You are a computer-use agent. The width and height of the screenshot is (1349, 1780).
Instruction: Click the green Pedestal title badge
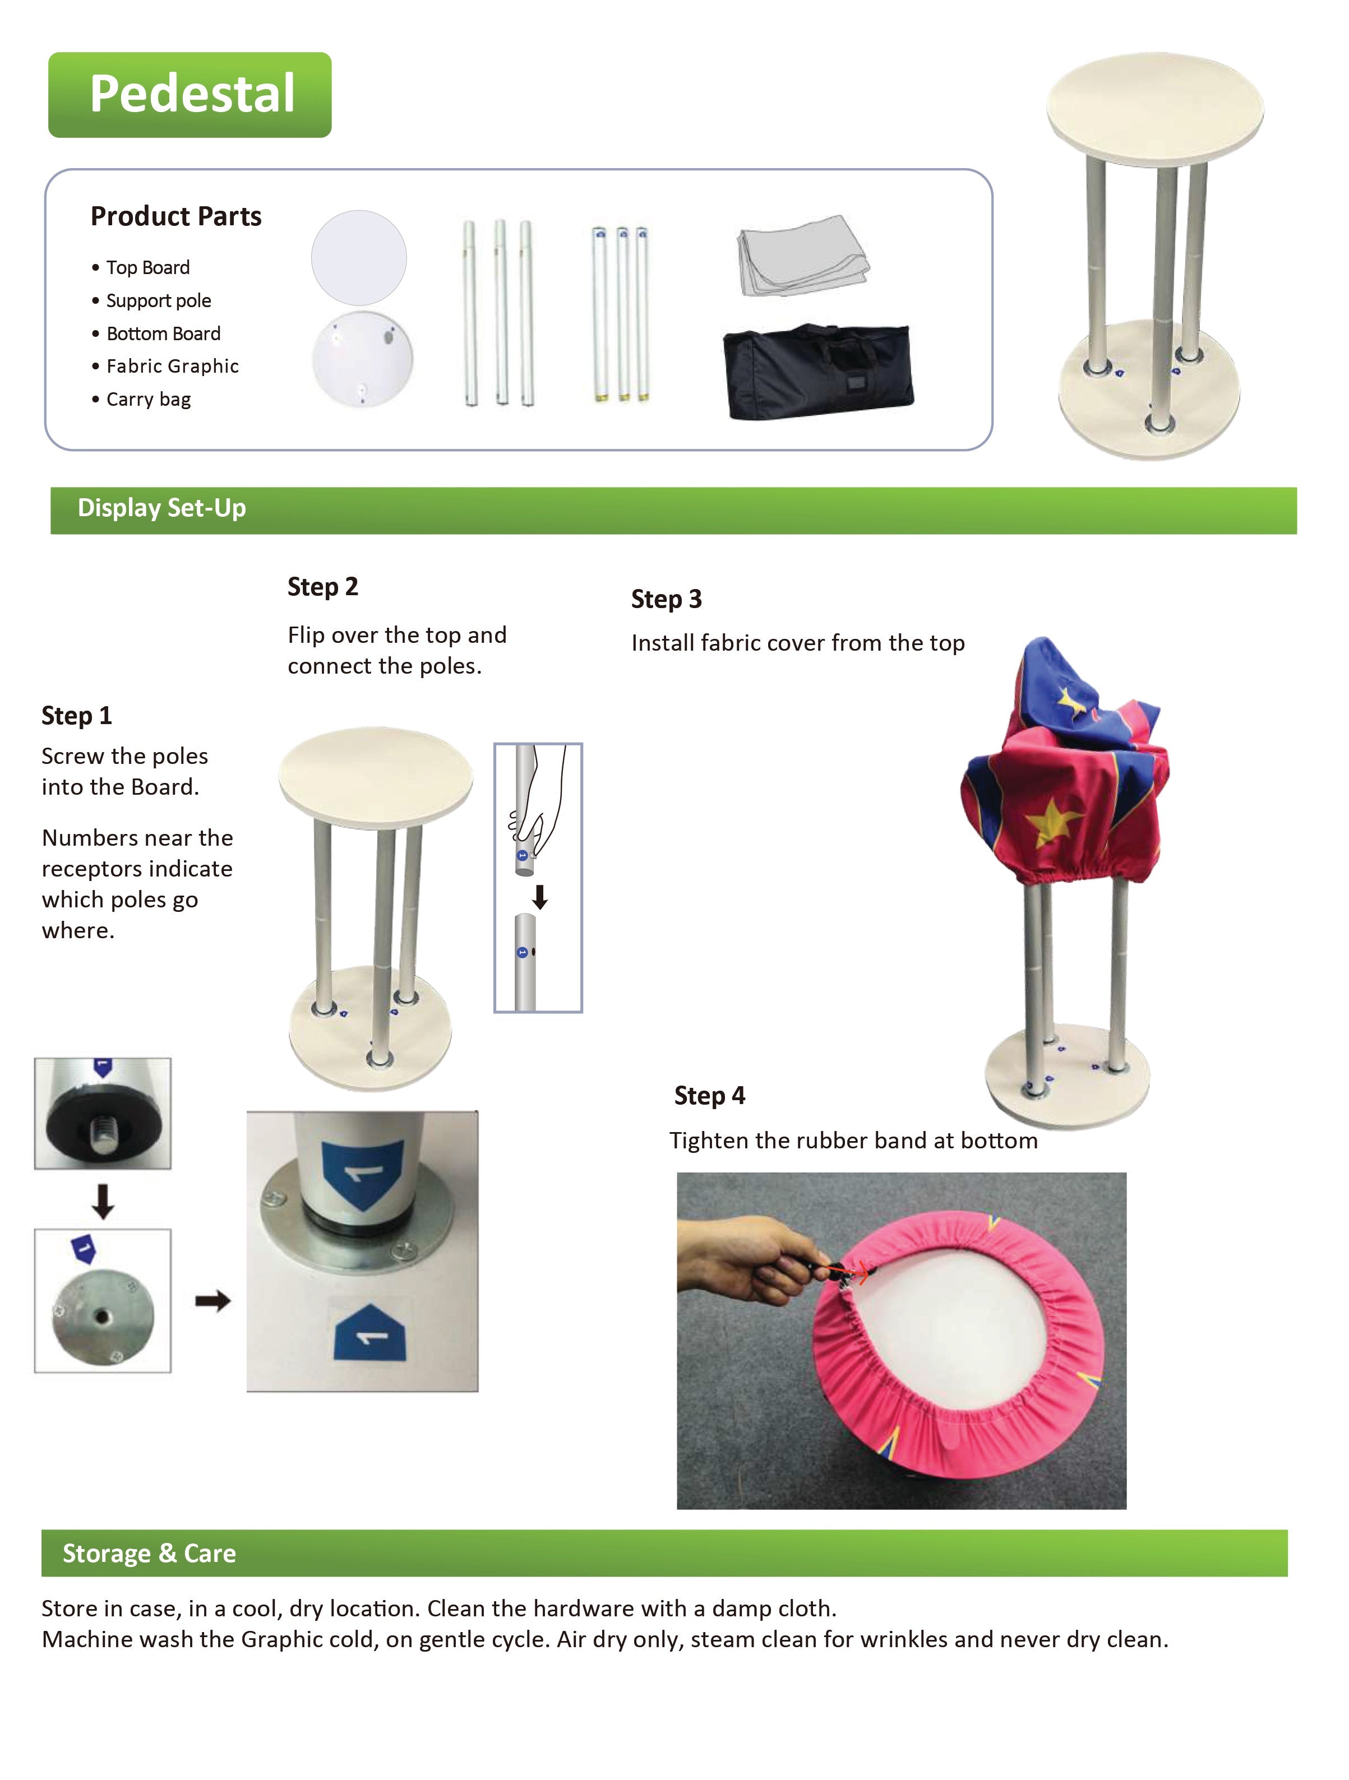(190, 94)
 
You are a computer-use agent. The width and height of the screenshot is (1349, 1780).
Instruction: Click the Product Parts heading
(175, 216)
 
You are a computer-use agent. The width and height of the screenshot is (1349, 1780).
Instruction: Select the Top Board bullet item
(148, 267)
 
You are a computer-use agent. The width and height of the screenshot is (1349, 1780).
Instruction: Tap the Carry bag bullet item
(148, 399)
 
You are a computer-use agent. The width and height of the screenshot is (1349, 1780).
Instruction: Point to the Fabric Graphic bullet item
(172, 366)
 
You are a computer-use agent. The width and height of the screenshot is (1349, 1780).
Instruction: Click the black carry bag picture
(818, 372)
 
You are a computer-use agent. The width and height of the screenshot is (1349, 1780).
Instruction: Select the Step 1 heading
(76, 715)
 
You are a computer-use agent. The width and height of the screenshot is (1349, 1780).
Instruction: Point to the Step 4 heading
(709, 1095)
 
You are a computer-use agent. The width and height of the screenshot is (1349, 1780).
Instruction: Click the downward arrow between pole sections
(540, 896)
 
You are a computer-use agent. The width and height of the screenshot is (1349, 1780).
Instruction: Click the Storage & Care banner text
(149, 1553)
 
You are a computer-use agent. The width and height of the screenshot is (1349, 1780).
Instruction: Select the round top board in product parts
(358, 257)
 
